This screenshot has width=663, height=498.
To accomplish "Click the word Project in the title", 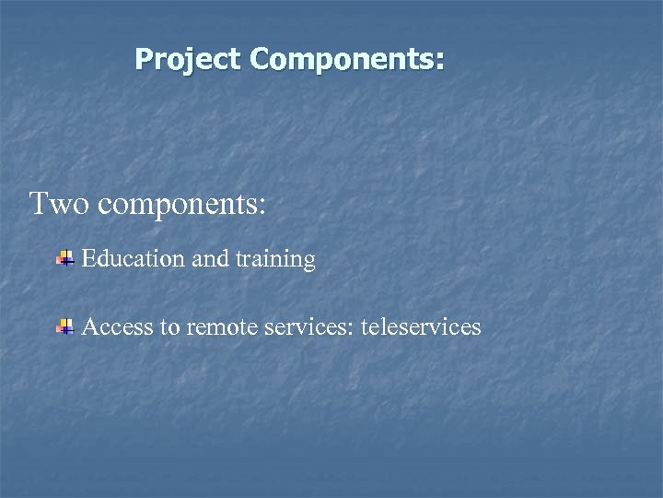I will pyautogui.click(x=188, y=60).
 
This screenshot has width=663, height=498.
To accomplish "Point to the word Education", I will pyautogui.click(x=133, y=260).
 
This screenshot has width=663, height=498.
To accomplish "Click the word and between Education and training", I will pyautogui.click(x=210, y=260).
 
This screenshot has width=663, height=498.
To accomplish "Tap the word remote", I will pyautogui.click(x=219, y=327).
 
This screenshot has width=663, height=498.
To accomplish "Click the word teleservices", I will pyautogui.click(x=422, y=326).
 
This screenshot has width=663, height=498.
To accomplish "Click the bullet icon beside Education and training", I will pyautogui.click(x=64, y=260).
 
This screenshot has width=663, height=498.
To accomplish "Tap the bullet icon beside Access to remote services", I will pyautogui.click(x=64, y=326).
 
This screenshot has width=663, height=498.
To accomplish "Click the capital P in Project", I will pyautogui.click(x=144, y=60).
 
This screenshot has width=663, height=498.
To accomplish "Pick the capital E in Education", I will pyautogui.click(x=88, y=260).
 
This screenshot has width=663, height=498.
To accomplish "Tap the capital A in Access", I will pyautogui.click(x=90, y=326).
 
